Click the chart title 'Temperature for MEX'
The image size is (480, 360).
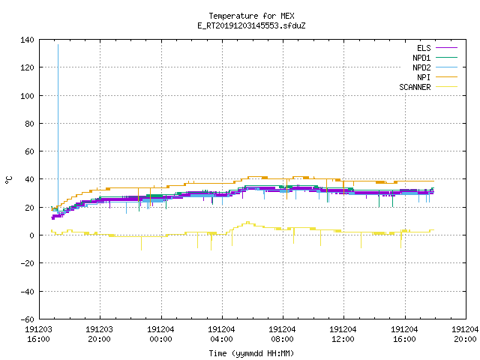(x=251, y=16)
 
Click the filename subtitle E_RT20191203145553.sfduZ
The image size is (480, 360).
(x=251, y=25)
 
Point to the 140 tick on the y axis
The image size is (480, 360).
(x=27, y=40)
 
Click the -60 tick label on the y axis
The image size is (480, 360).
(x=27, y=319)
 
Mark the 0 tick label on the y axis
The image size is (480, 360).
(x=31, y=235)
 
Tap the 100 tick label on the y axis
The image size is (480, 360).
(x=27, y=96)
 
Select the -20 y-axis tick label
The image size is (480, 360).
(x=27, y=263)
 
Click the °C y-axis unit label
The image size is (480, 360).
(x=9, y=180)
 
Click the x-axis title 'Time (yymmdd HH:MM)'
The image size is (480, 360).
(x=251, y=353)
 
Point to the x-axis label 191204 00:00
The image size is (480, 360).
(x=160, y=334)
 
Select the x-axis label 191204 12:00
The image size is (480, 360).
(x=343, y=334)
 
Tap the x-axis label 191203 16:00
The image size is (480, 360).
(x=38, y=334)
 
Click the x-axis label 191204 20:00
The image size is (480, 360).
(x=465, y=334)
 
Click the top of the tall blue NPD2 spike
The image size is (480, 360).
(x=58, y=45)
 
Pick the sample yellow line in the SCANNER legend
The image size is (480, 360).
(x=447, y=87)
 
